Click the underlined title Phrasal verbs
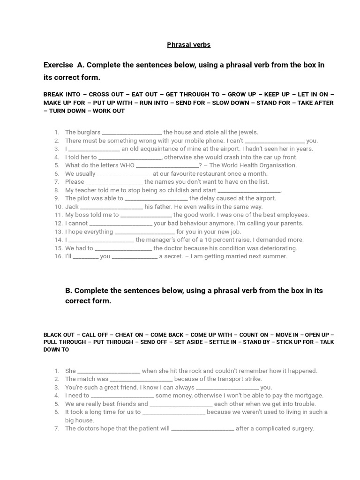click(189, 45)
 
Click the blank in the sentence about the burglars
click(132, 133)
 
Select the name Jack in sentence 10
click(72, 207)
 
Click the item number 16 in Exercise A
click(57, 256)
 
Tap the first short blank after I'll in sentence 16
click(85, 257)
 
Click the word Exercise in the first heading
click(58, 65)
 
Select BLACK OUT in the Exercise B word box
click(59, 335)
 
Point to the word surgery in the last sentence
click(302, 428)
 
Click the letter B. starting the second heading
click(69, 291)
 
